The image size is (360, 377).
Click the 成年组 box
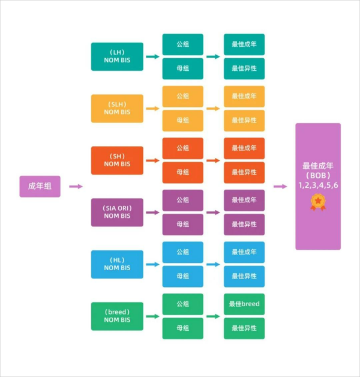point(40,186)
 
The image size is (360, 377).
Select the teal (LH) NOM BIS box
point(117,56)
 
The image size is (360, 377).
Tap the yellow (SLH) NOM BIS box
point(117,109)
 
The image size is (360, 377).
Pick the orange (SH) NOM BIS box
point(117,160)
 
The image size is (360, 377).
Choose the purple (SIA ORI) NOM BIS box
point(117,213)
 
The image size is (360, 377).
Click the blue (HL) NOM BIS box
point(117,264)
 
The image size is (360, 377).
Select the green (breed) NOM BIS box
point(117,316)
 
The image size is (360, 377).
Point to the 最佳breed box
point(244,304)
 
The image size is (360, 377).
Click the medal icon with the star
point(318,202)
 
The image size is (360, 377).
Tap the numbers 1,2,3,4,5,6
point(318,185)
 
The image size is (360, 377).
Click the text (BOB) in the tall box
point(318,175)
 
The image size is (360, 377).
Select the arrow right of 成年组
point(76,186)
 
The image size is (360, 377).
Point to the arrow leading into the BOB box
point(280,186)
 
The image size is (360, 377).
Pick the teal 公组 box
point(182,44)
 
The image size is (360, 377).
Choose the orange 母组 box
point(182,172)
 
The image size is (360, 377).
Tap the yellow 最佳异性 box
point(244,121)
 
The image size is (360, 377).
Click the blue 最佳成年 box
point(244,252)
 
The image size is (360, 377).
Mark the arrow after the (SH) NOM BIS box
point(152,160)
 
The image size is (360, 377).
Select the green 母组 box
point(182,328)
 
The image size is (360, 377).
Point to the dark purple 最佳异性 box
point(244,225)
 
